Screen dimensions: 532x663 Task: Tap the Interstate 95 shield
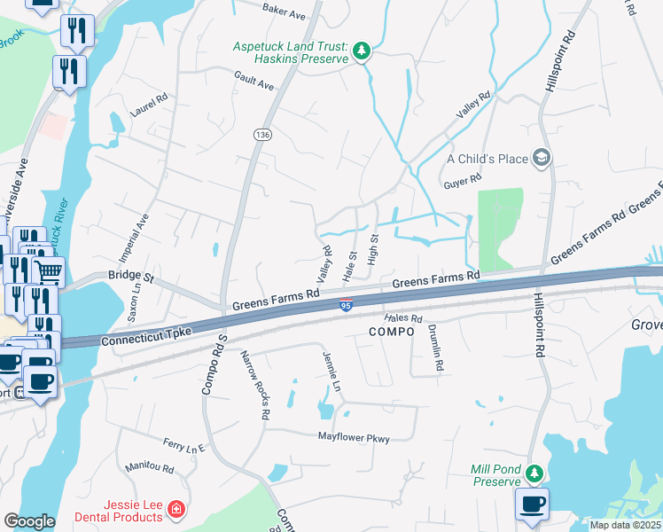pos(346,306)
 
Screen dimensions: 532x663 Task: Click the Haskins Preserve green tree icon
pos(361,52)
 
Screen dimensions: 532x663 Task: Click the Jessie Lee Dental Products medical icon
pos(175,510)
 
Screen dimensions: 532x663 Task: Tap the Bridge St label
pos(131,277)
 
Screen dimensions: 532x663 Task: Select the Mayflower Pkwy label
pos(354,438)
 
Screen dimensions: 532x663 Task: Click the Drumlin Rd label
pos(434,346)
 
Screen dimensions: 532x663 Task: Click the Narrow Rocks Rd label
pos(255,384)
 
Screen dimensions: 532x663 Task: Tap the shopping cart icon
pos(49,271)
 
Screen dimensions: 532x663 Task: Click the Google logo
pos(29,521)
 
